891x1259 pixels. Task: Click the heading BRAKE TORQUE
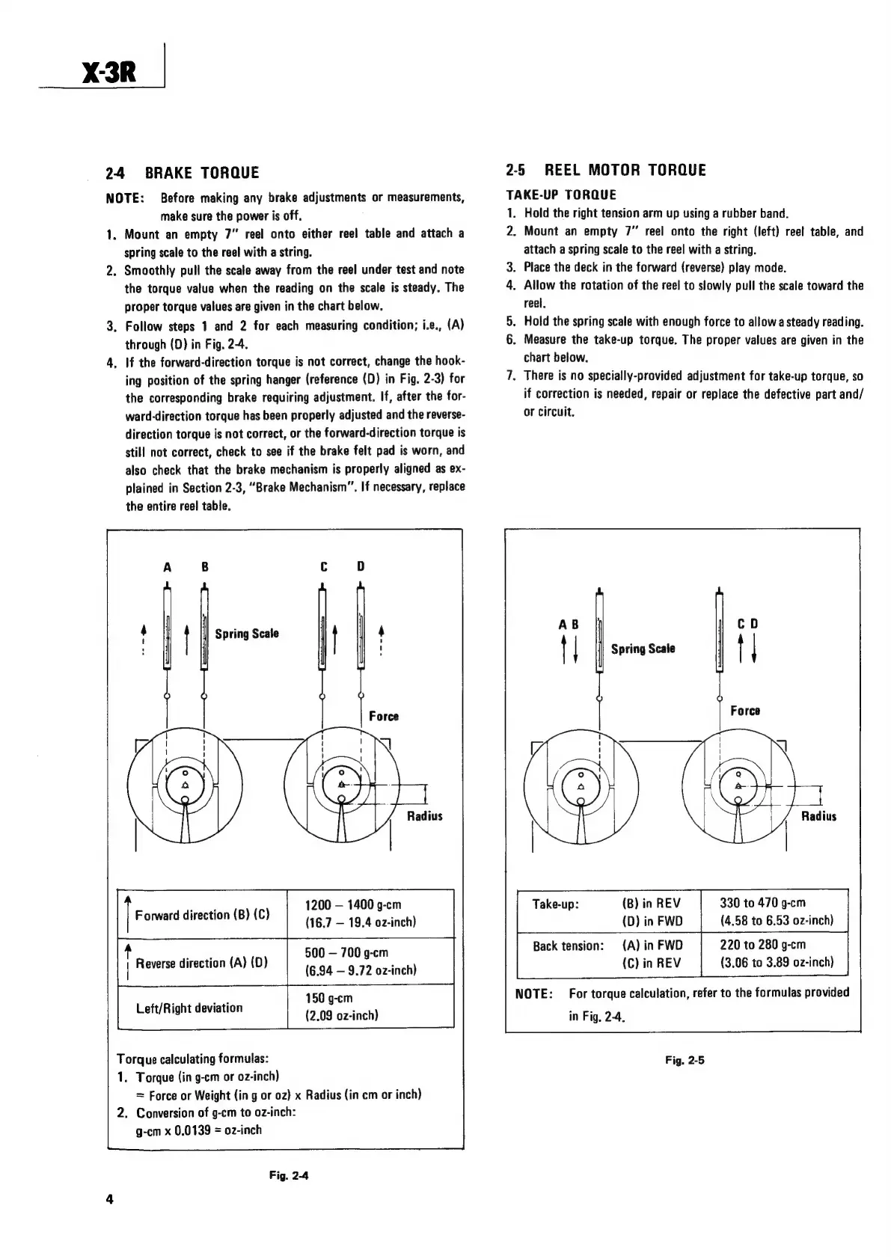(201, 173)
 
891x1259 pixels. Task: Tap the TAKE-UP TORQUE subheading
(561, 195)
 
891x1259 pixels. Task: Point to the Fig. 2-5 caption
(685, 1060)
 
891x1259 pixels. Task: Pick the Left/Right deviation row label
(189, 1008)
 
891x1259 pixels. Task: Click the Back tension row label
(568, 946)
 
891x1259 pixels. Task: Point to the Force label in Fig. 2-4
(384, 717)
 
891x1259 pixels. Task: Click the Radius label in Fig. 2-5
(818, 816)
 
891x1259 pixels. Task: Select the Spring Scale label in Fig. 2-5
(643, 649)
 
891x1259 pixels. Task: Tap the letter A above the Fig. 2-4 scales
(168, 566)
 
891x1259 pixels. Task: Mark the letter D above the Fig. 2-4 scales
(361, 566)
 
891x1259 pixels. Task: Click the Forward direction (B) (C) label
(202, 915)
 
